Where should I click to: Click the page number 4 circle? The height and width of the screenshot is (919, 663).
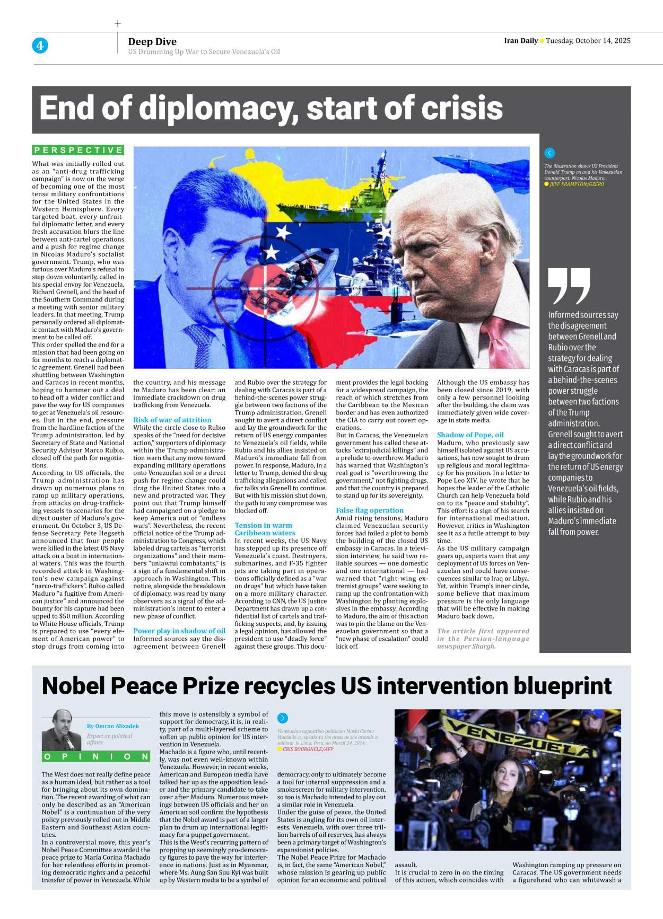40,46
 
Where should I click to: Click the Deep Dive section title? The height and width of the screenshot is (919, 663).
152,42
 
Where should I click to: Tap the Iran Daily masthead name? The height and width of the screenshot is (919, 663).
520,41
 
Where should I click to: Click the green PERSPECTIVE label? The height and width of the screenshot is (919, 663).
78,151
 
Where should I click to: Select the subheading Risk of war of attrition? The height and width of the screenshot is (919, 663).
172,420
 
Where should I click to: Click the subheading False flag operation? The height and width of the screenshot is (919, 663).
370,510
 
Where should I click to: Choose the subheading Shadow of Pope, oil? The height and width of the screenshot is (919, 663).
470,435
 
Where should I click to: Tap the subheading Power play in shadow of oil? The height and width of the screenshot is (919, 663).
179,631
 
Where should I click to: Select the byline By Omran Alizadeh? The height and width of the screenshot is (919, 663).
113,726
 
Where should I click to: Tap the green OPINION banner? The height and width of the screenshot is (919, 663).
96,757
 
